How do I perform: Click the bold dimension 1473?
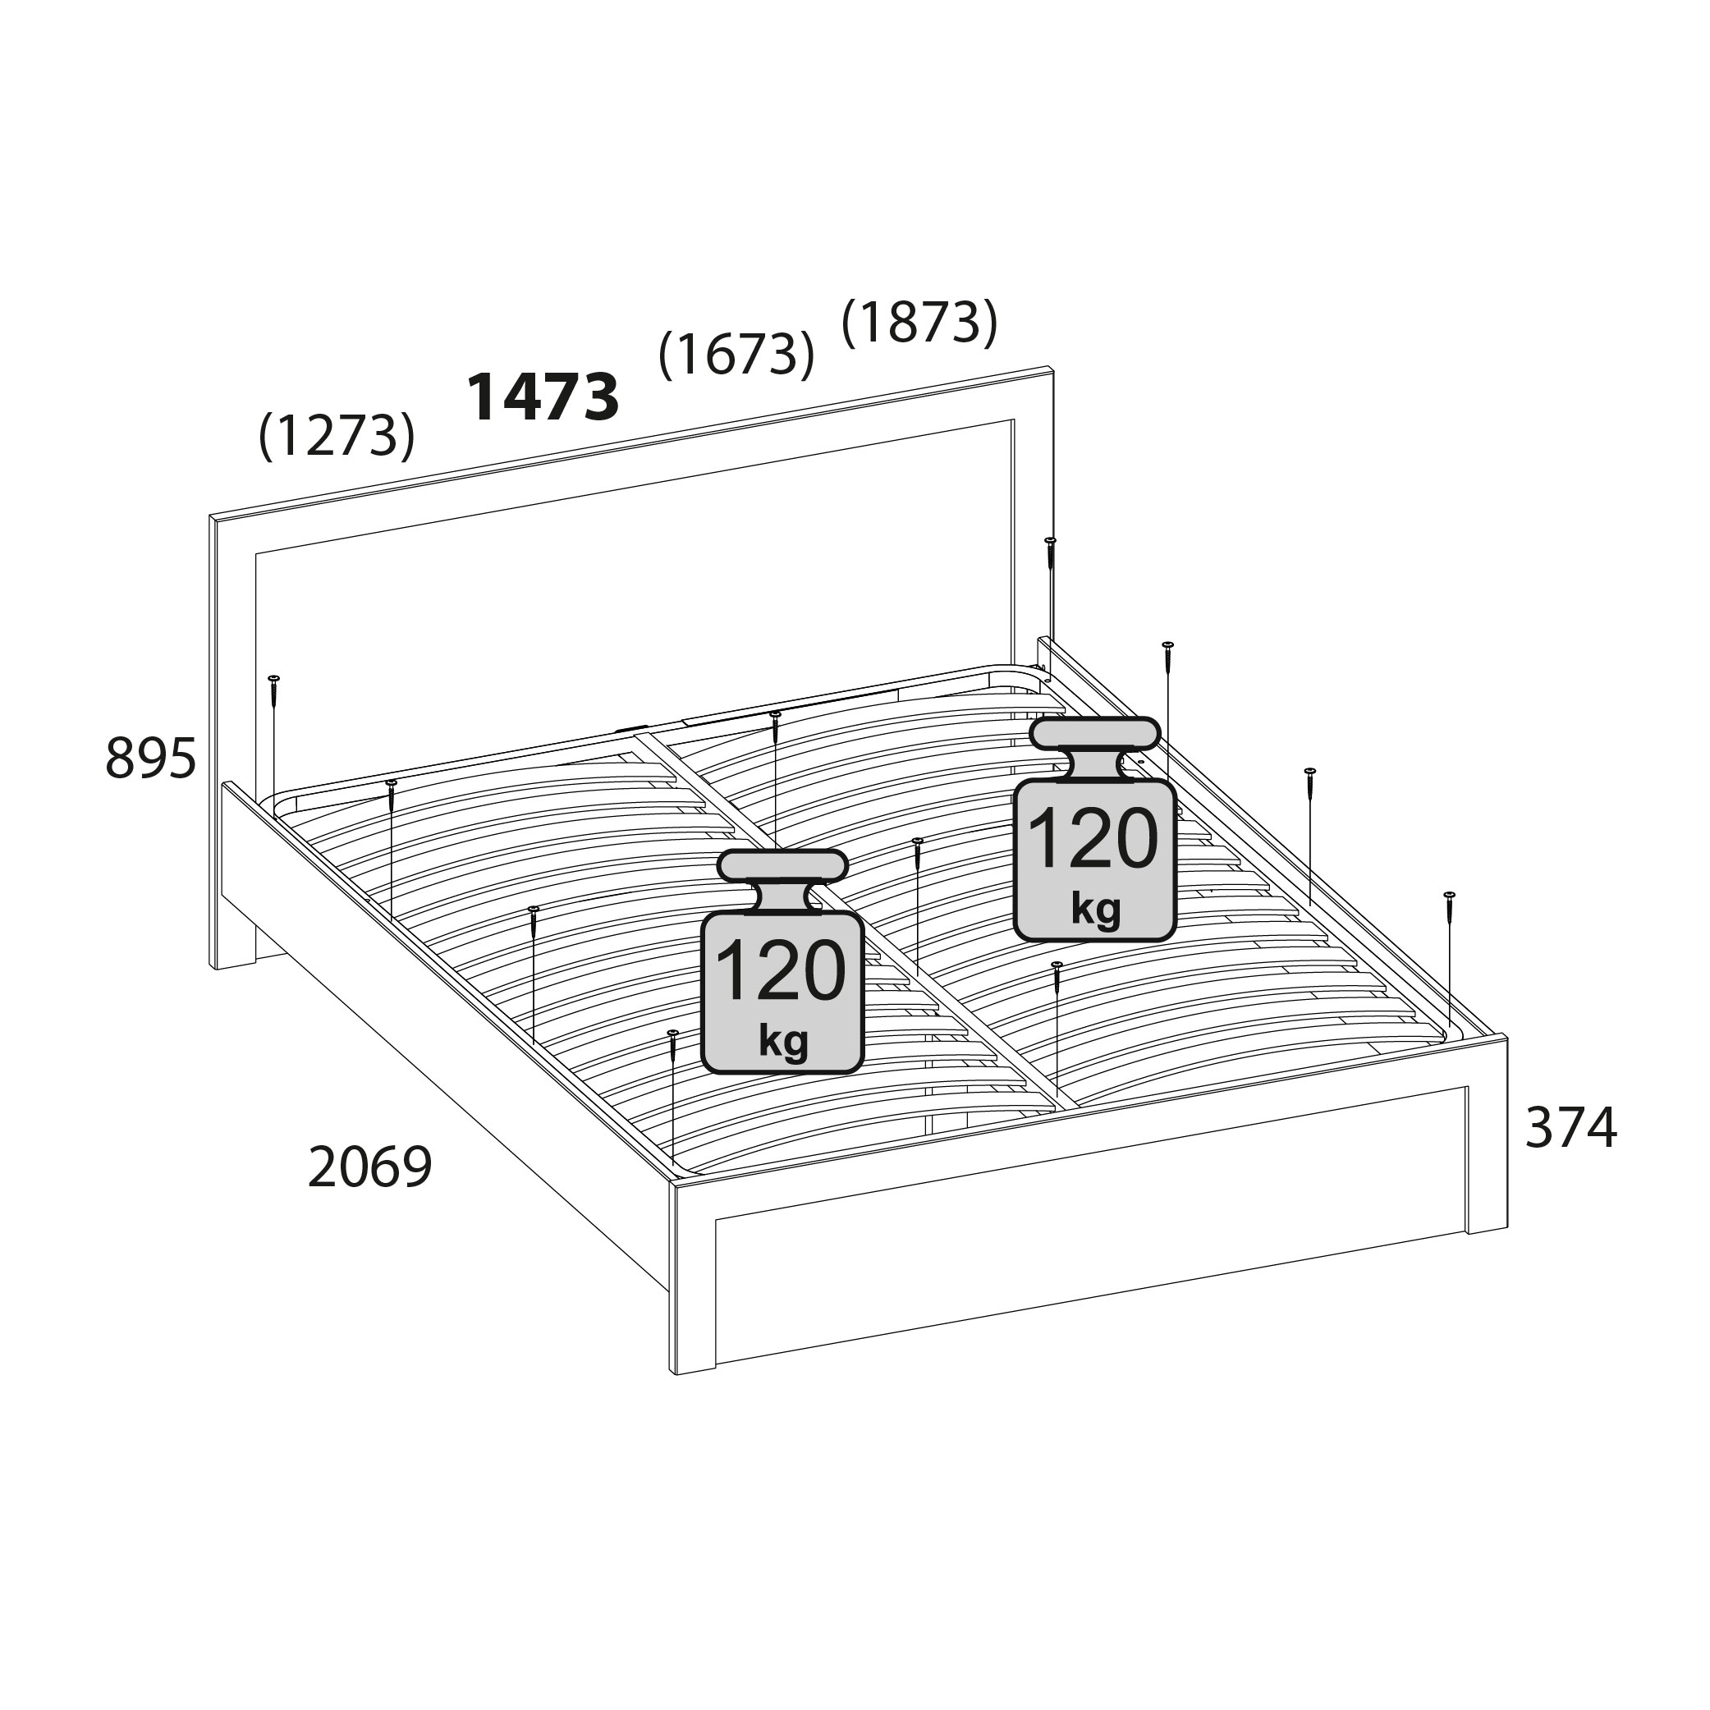coord(543,397)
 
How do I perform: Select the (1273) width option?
coord(337,434)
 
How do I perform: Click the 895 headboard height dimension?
coord(150,759)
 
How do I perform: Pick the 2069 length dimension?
coord(370,1167)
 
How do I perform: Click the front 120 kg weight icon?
coord(782,961)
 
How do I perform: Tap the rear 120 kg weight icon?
coord(1095,828)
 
